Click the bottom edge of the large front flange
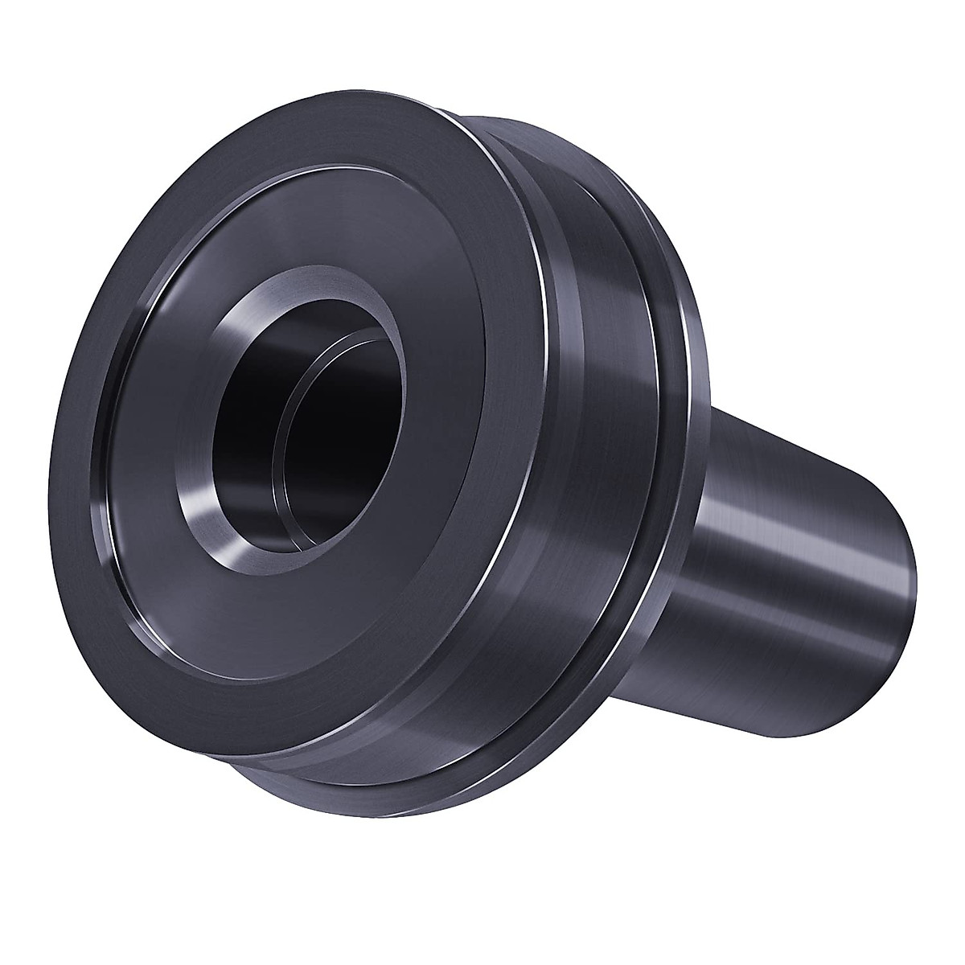pyautogui.click(x=265, y=764)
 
